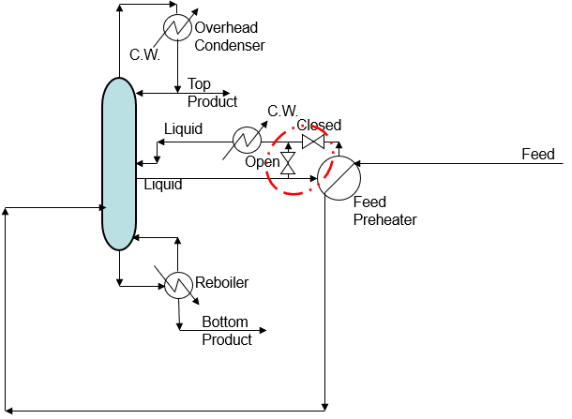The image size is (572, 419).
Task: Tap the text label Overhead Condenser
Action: pyautogui.click(x=230, y=37)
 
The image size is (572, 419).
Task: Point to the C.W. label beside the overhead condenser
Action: pyautogui.click(x=145, y=54)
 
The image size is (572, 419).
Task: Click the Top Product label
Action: pyautogui.click(x=212, y=93)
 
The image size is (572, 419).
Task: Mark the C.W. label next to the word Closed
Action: pyautogui.click(x=284, y=111)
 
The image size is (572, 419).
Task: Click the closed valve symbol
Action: pyautogui.click(x=313, y=142)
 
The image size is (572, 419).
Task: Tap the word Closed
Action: pyautogui.click(x=319, y=126)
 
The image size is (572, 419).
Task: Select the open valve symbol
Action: pyautogui.click(x=289, y=165)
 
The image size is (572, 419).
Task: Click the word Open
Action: pyautogui.click(x=263, y=162)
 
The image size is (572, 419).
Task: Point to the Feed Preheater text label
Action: pyautogui.click(x=384, y=211)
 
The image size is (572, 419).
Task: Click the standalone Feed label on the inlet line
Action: pyautogui.click(x=538, y=154)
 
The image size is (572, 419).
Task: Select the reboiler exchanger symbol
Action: pyautogui.click(x=178, y=283)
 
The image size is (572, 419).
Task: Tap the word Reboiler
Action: pyautogui.click(x=222, y=282)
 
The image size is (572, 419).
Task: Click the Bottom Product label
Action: pyautogui.click(x=227, y=331)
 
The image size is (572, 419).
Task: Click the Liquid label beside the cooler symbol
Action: pyautogui.click(x=183, y=129)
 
